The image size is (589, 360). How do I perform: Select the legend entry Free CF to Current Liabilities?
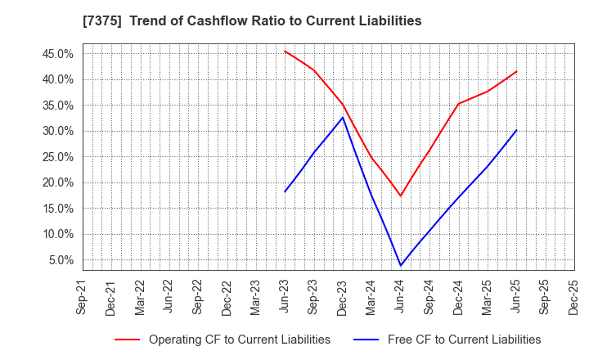[464, 340]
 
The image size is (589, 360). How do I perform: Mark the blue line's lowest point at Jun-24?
[401, 265]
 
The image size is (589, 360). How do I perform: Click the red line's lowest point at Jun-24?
[401, 196]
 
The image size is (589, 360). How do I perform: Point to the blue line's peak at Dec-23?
[343, 117]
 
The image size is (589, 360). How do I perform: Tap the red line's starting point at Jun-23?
[285, 51]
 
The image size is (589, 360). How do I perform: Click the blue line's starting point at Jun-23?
[285, 191]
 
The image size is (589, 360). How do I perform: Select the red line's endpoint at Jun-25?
[516, 71]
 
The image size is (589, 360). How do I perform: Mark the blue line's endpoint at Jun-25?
[516, 130]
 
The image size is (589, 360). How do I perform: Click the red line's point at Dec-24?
[458, 104]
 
